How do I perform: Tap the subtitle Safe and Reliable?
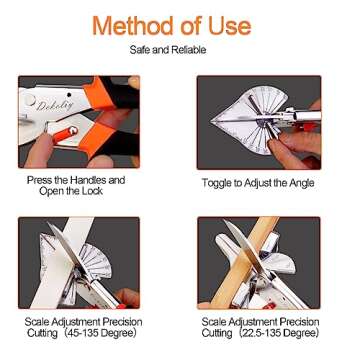click(179, 48)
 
